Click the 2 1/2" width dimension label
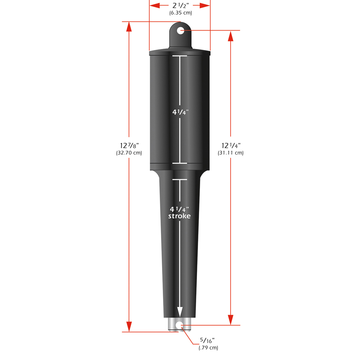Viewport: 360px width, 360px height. (x=180, y=5)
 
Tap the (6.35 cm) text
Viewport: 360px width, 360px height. (x=180, y=13)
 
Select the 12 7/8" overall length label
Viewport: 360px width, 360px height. (x=129, y=145)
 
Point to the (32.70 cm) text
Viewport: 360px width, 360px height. (x=129, y=153)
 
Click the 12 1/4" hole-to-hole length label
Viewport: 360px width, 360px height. (x=231, y=145)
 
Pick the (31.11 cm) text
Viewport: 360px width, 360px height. (x=231, y=153)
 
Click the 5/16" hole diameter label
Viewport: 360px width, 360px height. (x=208, y=340)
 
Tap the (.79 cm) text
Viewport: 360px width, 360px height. (x=208, y=348)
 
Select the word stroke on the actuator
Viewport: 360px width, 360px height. (x=179, y=216)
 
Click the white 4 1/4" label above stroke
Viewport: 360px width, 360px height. (x=179, y=209)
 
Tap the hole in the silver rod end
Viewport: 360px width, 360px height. (x=179, y=325)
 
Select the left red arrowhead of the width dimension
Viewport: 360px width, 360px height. (x=154, y=5)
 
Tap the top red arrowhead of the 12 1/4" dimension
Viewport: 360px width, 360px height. (x=231, y=36)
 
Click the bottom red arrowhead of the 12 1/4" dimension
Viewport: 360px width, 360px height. (x=231, y=320)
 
